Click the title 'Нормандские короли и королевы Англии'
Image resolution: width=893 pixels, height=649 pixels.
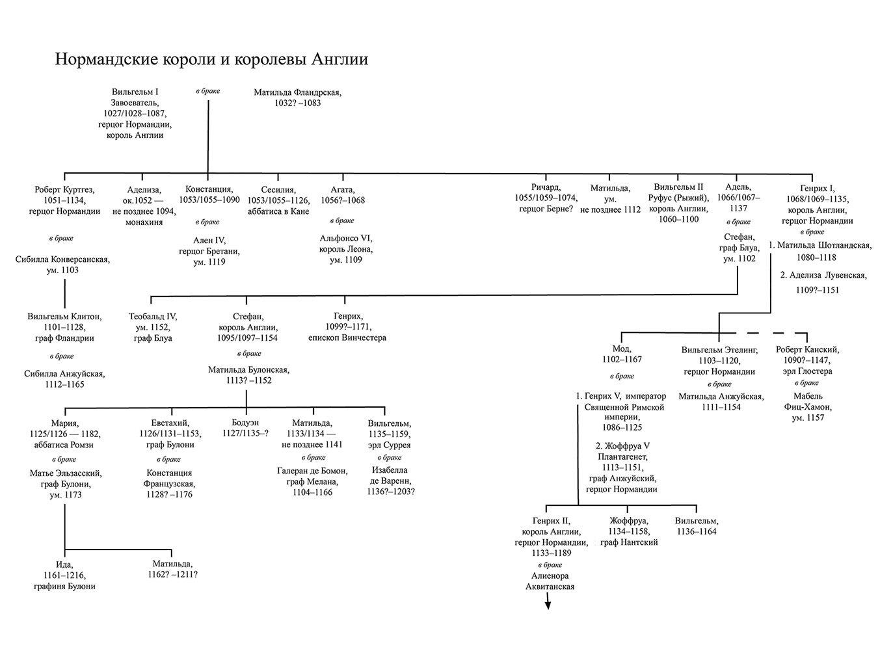coord(211,60)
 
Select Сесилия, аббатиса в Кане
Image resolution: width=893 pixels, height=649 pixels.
coord(278,200)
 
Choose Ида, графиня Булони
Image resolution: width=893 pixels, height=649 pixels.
coord(64,575)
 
